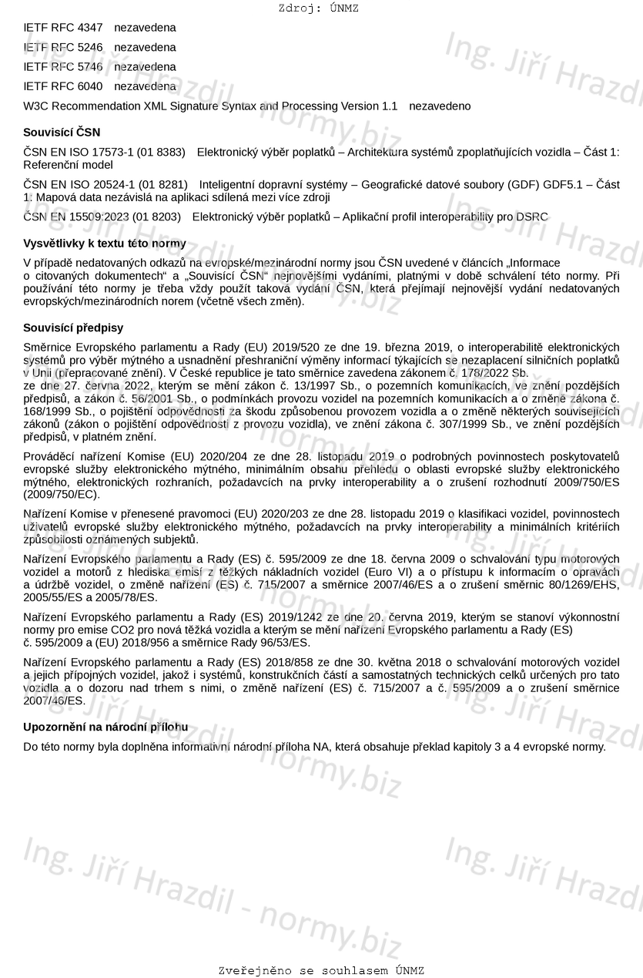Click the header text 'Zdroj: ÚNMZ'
[319, 8]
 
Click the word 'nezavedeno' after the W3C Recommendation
[440, 106]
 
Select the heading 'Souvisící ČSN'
[62, 133]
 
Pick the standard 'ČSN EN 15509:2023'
[76, 217]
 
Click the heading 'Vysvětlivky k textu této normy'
[105, 244]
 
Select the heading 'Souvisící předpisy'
[73, 328]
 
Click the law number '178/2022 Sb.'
[497, 373]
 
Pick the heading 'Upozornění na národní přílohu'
[105, 727]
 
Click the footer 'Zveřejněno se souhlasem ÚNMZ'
[321, 971]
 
